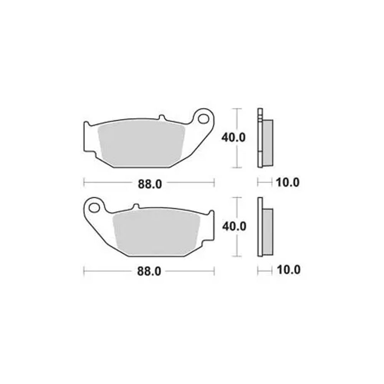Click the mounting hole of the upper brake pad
tap(203, 119)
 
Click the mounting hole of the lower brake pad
tap(94, 208)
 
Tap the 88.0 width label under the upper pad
tap(150, 184)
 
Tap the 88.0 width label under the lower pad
tap(149, 271)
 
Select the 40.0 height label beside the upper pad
tap(233, 137)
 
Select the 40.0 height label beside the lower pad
tap(234, 227)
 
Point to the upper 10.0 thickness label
tap(288, 183)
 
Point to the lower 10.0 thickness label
tap(288, 270)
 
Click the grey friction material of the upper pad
tap(142, 144)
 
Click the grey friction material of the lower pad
tap(156, 233)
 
